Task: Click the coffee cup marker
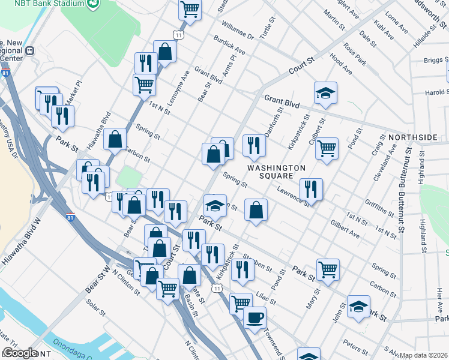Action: [255, 316]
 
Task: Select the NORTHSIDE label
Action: [412, 137]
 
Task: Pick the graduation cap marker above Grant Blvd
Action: [325, 93]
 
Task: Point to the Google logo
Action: [20, 353]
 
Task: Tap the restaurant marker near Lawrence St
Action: [311, 188]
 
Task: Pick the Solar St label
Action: [95, 313]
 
